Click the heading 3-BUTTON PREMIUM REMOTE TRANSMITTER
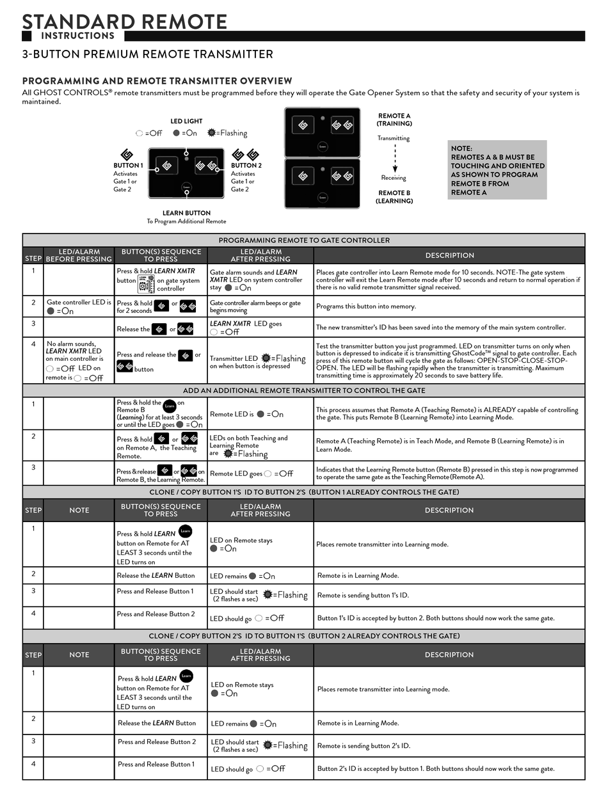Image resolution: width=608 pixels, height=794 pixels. pos(147,54)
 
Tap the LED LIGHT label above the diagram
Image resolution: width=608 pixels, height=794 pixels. pos(186,121)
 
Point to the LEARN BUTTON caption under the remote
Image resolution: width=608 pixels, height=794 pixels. pos(186,213)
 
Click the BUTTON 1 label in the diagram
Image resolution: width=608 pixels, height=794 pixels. pos(128,165)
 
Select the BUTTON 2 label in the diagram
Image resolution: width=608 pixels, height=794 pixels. pos(246,165)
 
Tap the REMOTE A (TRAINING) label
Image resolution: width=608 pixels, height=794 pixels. pos(394,120)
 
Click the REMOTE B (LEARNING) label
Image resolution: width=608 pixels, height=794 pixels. pos(394,196)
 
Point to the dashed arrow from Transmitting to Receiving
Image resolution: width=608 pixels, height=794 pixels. pos(395,158)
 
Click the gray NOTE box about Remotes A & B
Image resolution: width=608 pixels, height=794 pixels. pos(497,170)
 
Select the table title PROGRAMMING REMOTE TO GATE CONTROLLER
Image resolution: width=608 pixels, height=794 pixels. pos(304,240)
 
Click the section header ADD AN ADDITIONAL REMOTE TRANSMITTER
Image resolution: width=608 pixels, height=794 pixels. pos(304,390)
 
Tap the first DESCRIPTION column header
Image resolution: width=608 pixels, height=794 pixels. pos(449,255)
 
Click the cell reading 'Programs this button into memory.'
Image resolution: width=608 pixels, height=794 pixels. pos(366,306)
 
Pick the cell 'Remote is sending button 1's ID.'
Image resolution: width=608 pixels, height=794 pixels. pos(363,595)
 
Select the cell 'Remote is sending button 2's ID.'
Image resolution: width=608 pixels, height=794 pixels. pos(364,745)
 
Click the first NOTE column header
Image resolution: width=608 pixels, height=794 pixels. pos(79,510)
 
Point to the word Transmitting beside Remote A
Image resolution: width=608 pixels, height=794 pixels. pos(394,138)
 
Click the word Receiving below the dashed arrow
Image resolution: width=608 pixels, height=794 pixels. pos(394,178)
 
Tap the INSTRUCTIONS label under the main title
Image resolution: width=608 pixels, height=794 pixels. pos(78,36)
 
